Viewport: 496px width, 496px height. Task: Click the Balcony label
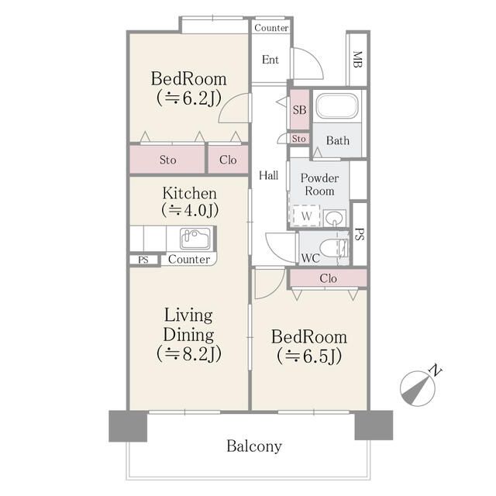(254, 446)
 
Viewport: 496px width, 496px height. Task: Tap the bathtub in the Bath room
(337, 106)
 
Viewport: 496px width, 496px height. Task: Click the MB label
(357, 60)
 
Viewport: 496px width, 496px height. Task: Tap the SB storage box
(299, 109)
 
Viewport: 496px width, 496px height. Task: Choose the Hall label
(269, 175)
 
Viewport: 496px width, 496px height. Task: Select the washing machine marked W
(306, 216)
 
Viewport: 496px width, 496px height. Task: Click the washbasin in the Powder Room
(334, 218)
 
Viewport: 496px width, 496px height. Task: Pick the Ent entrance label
(270, 60)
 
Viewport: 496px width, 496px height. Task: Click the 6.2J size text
(189, 98)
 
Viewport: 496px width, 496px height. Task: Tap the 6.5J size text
(309, 356)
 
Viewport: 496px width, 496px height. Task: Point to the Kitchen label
(189, 193)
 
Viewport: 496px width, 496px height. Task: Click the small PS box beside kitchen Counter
(143, 260)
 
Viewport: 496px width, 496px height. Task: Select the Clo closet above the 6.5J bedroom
(328, 278)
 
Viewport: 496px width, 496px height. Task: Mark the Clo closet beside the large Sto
(228, 160)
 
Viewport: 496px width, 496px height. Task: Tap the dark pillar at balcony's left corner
(128, 425)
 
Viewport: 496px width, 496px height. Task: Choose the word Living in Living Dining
(188, 315)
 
